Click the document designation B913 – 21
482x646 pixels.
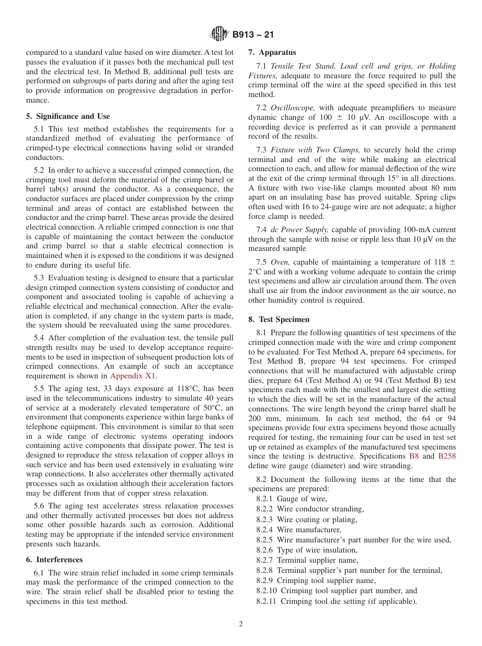[253, 35]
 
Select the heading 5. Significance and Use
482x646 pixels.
[67, 116]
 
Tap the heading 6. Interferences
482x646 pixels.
[54, 560]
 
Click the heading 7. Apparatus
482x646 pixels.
[272, 52]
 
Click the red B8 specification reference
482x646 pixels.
[414, 456]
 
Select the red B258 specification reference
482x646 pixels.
[447, 456]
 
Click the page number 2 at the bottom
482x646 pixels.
[241, 624]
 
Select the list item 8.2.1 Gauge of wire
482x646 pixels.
[292, 499]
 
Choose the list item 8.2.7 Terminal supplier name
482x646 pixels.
[307, 560]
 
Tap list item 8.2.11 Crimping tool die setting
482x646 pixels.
[336, 601]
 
